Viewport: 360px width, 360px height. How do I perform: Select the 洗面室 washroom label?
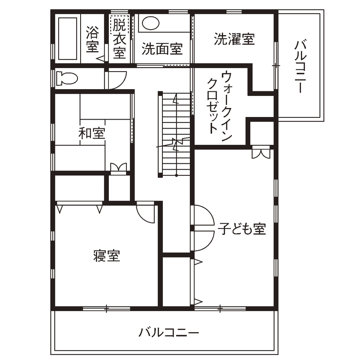tap(162, 49)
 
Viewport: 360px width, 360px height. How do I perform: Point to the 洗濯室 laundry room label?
tap(234, 39)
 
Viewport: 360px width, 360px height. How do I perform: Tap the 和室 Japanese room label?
tap(92, 133)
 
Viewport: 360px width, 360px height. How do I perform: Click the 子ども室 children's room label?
tap(242, 229)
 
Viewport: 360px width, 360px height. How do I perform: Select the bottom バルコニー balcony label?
tap(169, 332)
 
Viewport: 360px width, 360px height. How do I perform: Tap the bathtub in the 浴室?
tap(68, 39)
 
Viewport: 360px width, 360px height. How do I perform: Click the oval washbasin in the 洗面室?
tap(150, 22)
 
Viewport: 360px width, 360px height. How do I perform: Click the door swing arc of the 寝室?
tap(146, 213)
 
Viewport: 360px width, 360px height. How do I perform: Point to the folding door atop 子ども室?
tap(261, 153)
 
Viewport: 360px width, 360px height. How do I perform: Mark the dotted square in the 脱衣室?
tap(116, 24)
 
